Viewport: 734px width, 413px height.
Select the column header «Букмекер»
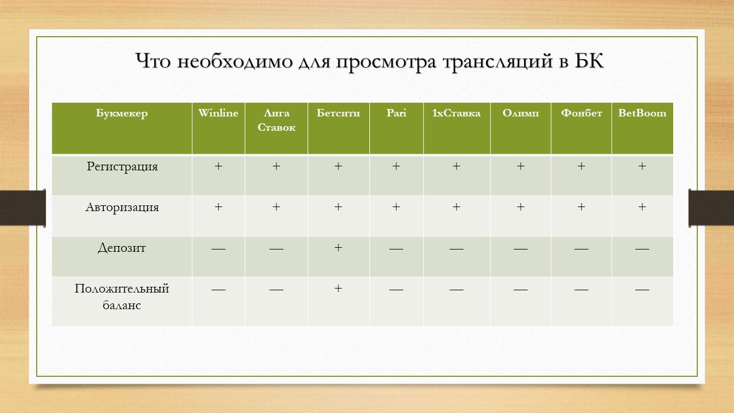[x=122, y=113]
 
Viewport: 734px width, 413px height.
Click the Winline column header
[x=218, y=113]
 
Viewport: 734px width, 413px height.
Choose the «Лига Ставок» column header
[x=276, y=120]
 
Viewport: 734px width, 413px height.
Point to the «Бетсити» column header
[x=338, y=113]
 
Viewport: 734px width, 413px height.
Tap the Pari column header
[x=396, y=113]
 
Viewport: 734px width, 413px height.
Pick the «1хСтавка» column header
[x=456, y=113]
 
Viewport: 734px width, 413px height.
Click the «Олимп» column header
[x=521, y=113]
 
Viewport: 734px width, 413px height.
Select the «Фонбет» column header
[x=581, y=113]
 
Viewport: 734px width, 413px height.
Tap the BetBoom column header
[x=642, y=113]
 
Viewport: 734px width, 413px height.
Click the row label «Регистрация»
[x=122, y=166]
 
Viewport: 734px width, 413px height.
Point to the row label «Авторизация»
[x=122, y=207]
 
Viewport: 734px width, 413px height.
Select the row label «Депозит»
[x=122, y=248]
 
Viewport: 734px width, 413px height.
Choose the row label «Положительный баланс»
[x=122, y=297]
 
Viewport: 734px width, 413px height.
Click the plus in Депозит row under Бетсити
[x=338, y=248]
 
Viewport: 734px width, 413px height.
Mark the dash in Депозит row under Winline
[x=218, y=249]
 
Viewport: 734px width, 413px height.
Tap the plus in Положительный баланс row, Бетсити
[x=338, y=289]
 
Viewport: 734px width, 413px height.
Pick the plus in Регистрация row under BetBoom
[x=642, y=166]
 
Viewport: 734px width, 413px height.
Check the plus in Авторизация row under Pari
[x=396, y=207]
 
